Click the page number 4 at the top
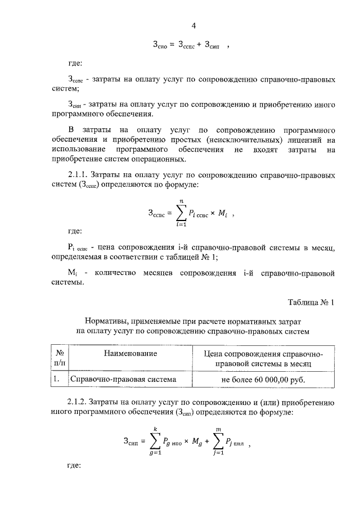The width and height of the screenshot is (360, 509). [193, 25]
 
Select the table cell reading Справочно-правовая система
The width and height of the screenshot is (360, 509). [123, 379]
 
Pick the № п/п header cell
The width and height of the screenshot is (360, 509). [59, 358]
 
